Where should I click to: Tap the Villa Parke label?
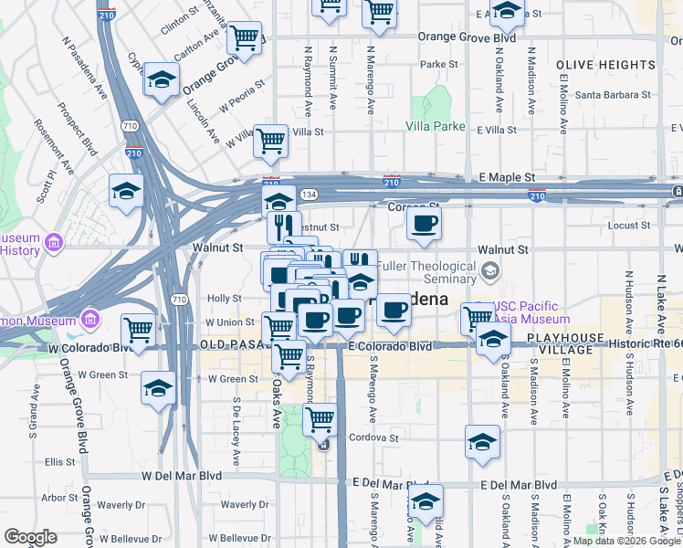[436, 126]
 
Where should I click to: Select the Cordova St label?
[376, 438]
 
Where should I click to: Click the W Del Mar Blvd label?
[182, 476]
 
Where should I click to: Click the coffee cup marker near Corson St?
[423, 224]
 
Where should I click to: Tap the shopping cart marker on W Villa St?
[270, 141]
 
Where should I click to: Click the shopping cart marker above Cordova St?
[320, 419]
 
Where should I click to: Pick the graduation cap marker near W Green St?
[158, 387]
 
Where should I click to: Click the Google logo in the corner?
[30, 537]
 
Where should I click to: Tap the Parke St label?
[438, 65]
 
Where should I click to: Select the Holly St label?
[224, 299]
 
